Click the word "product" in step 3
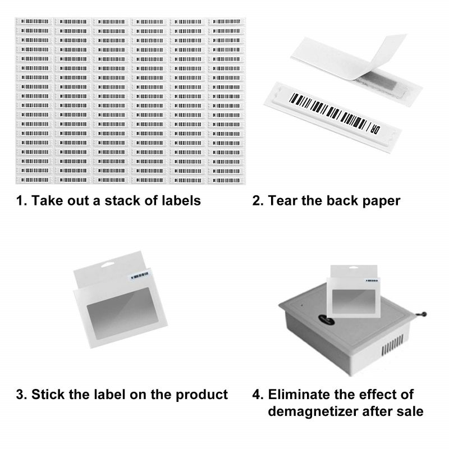click(199, 394)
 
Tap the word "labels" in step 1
click(181, 200)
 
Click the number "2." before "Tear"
click(258, 200)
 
